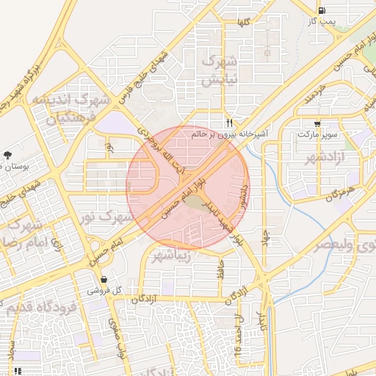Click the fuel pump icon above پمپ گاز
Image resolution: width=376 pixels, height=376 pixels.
tap(322, 10)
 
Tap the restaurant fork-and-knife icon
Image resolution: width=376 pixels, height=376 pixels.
tap(230, 123)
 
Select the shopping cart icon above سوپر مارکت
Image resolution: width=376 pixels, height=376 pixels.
tap(317, 124)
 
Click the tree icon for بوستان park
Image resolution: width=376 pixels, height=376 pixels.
tap(7, 155)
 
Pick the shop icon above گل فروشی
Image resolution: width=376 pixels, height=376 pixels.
tap(104, 280)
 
